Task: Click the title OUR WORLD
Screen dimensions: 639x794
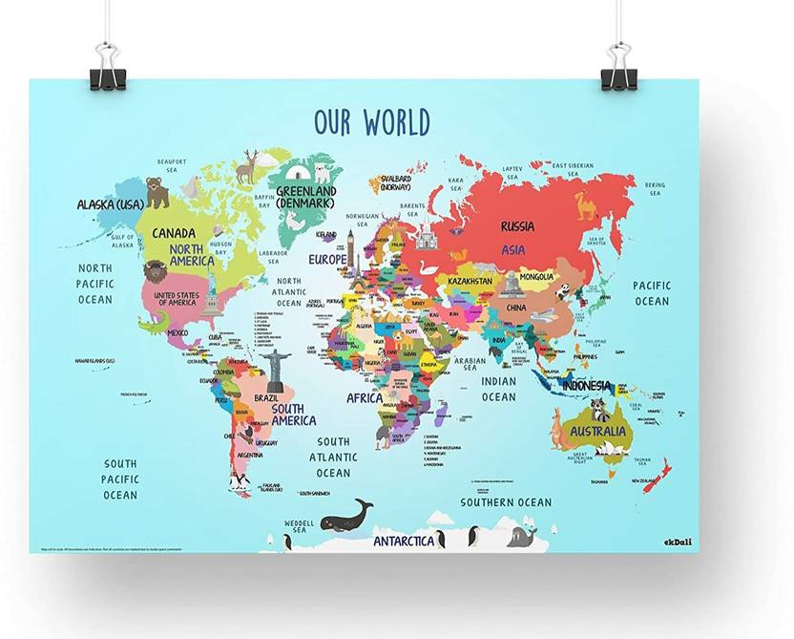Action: tap(372, 122)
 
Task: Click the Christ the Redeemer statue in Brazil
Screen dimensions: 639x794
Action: tap(276, 369)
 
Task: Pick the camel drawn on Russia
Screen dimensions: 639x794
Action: tap(585, 203)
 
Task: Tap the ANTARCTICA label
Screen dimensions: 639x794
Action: tap(404, 541)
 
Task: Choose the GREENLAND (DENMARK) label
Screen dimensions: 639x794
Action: tap(306, 196)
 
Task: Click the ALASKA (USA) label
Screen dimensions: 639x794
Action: tap(110, 204)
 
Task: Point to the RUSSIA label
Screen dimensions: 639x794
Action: tap(517, 227)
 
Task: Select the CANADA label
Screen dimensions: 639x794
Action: tap(174, 233)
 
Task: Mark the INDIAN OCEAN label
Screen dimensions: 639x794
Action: tap(498, 390)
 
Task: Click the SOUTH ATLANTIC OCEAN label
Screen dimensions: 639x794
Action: tap(333, 458)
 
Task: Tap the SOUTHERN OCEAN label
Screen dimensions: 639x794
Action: tap(506, 502)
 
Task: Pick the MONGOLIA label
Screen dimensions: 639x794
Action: tap(535, 277)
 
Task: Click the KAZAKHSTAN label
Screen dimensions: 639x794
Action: tap(469, 281)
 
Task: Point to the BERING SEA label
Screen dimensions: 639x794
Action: tap(655, 189)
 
